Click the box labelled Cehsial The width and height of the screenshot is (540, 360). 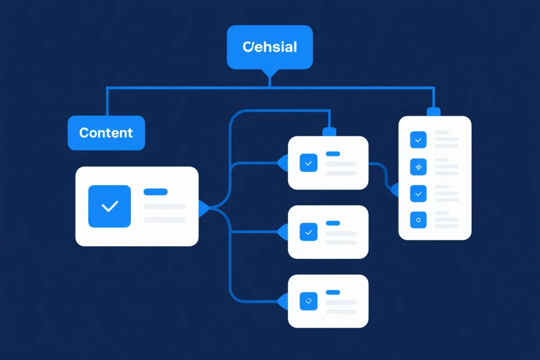pos(270,47)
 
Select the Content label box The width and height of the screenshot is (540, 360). pos(106,133)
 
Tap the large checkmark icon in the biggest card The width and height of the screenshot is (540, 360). pos(110,206)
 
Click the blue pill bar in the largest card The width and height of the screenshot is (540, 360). pos(156,192)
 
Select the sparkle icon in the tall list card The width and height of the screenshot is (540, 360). pos(418,167)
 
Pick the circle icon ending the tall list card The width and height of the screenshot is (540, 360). pos(418,220)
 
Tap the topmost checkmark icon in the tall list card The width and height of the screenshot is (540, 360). pos(418,140)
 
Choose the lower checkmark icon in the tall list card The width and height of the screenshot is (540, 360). pos(418,193)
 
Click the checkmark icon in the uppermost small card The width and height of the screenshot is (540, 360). pos(309,163)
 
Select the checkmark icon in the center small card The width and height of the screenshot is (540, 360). pos(309,232)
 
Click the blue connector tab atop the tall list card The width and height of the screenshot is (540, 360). pos(433,112)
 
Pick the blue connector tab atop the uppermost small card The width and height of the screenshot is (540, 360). pos(329,132)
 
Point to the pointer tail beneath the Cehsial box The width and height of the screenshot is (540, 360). pos(270,73)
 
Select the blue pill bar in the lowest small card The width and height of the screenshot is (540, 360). pos(333,292)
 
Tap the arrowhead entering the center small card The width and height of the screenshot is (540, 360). pos(283,232)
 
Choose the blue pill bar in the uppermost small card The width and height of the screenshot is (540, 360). pos(333,154)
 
